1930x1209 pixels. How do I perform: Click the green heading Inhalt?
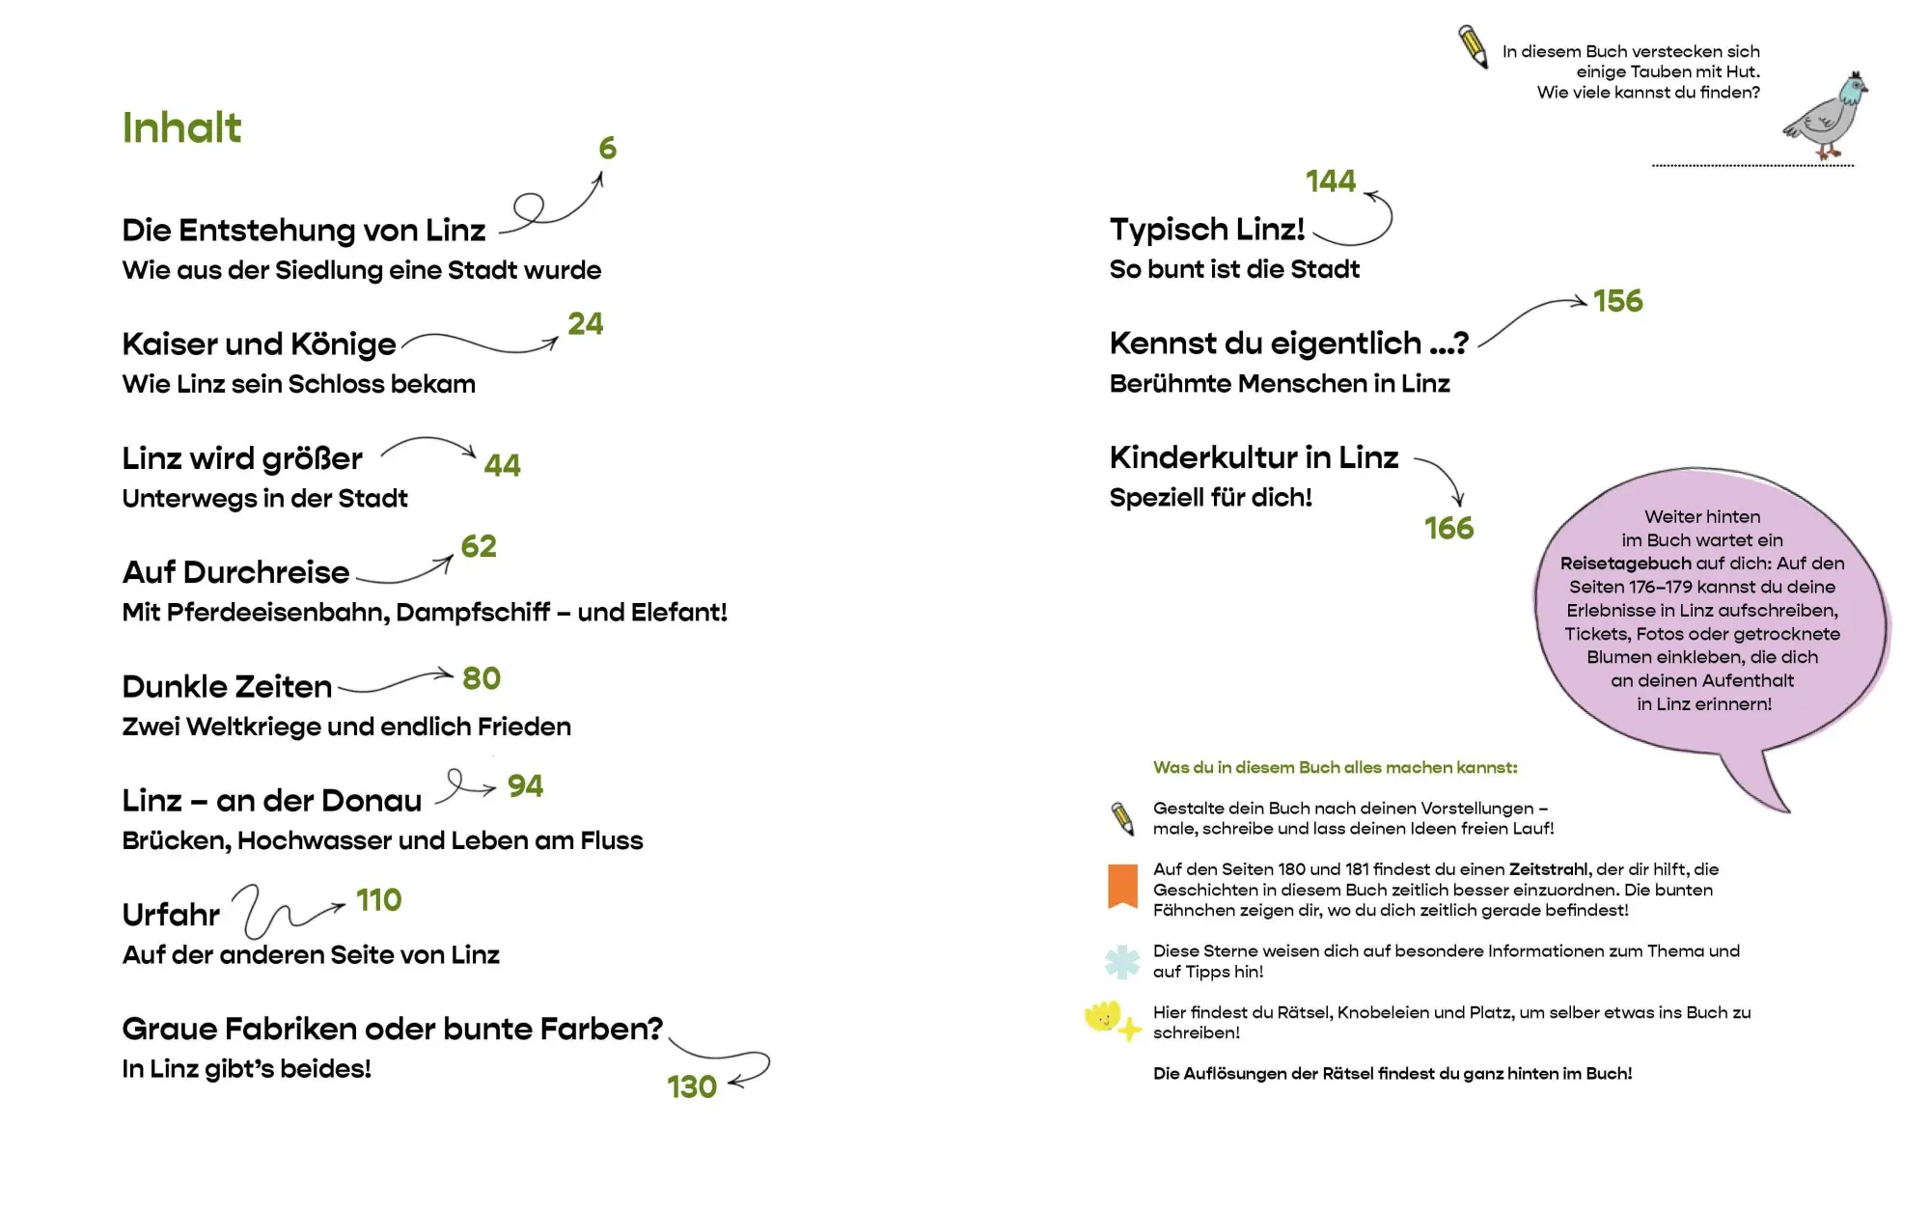181,127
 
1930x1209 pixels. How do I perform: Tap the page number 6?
607,148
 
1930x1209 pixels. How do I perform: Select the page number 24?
586,323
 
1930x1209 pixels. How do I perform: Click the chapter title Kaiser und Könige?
259,344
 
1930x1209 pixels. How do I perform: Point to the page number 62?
479,546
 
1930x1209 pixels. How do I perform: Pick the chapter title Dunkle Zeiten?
227,686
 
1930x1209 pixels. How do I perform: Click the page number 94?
526,785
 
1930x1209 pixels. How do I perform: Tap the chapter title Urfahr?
171,914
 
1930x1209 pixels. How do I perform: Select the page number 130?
692,1086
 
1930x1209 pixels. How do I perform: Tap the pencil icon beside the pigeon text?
1473,46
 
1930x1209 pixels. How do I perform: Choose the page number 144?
1331,180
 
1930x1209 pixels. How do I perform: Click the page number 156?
1618,301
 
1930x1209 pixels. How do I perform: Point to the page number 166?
1449,528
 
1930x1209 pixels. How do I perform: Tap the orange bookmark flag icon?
1122,886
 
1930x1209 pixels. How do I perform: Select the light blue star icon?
1122,962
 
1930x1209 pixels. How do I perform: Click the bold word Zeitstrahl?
1548,869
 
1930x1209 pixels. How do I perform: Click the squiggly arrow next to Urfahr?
280,917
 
